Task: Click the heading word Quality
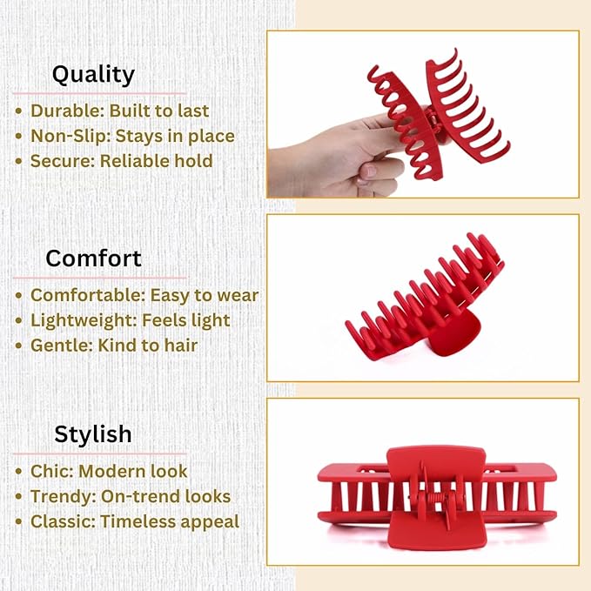click(93, 74)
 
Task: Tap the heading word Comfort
click(93, 259)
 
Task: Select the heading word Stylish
click(93, 434)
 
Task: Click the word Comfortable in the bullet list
click(86, 296)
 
